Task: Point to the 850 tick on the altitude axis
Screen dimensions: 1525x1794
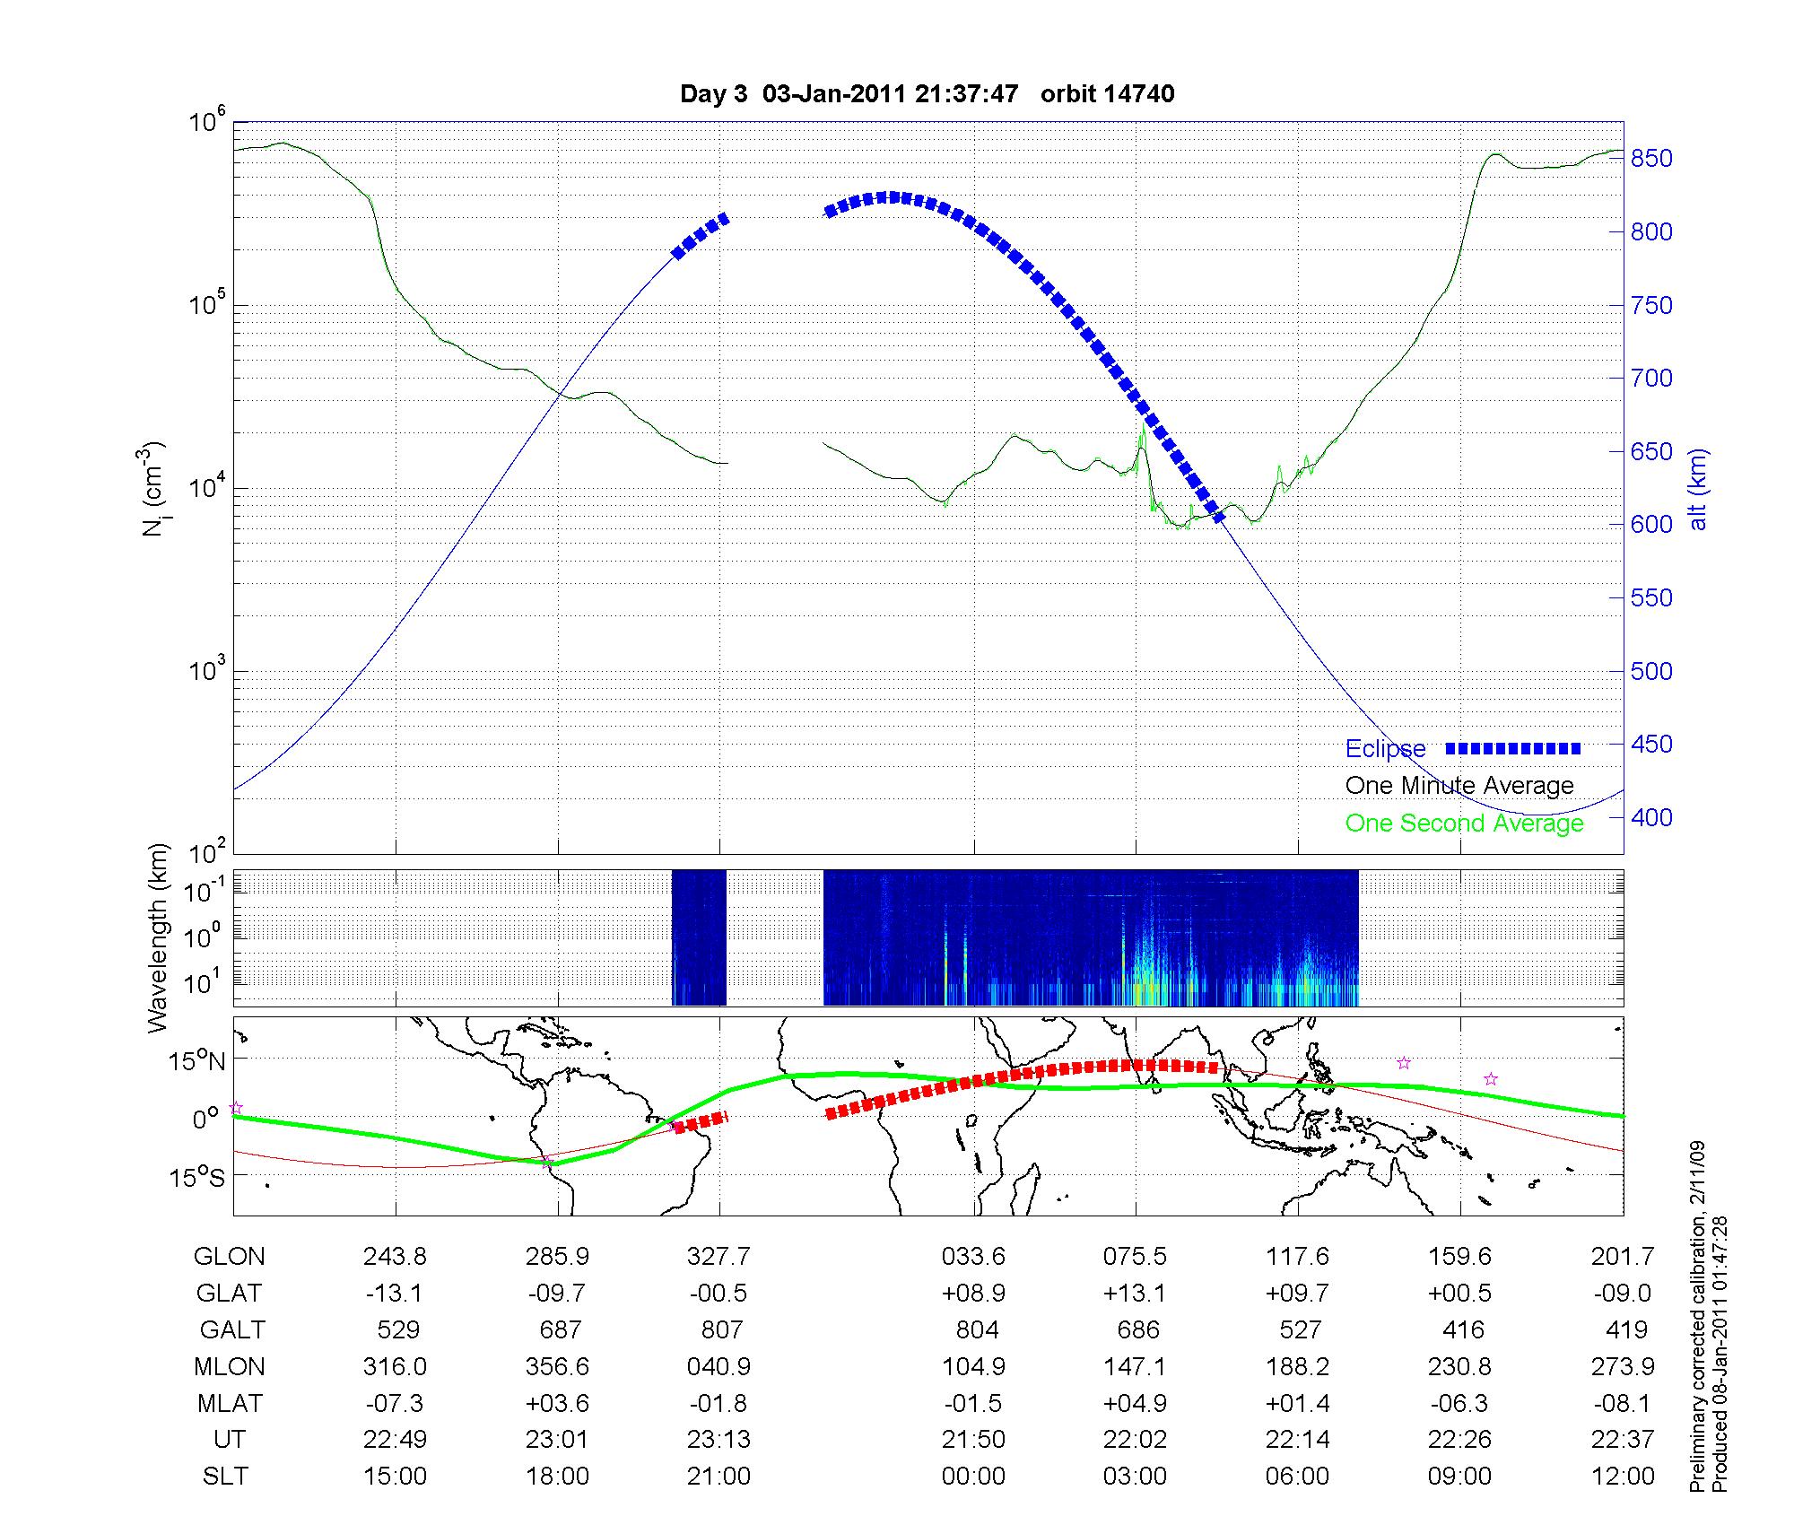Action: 1650,159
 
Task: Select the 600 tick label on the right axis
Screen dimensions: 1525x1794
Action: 1650,525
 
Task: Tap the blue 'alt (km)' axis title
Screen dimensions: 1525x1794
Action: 1697,489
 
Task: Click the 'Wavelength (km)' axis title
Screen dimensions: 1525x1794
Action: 158,937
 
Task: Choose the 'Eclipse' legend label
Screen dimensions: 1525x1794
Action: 1385,749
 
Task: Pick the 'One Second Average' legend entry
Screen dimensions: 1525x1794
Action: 1464,823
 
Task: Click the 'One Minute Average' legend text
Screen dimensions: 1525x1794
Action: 1459,786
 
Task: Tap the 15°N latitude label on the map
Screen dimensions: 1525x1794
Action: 196,1061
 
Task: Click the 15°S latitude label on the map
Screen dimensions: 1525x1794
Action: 196,1176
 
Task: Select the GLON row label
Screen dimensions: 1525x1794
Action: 229,1257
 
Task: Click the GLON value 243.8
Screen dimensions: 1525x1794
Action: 395,1257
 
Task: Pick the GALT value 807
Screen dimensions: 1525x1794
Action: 721,1329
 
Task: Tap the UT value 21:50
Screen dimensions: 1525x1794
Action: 973,1440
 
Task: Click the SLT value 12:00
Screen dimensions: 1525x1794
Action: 1622,1477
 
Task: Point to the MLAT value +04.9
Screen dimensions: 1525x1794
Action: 1135,1403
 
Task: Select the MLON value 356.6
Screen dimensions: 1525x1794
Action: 557,1366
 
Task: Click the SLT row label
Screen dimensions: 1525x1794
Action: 225,1477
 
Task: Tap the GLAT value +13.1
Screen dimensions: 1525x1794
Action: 1135,1293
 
